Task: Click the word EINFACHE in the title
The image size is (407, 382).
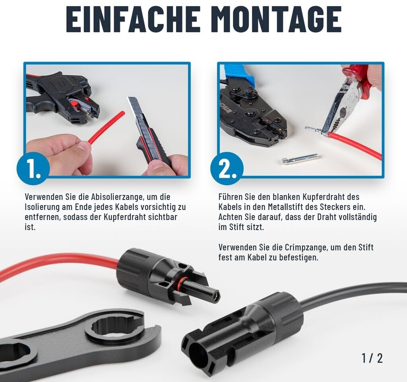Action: click(x=133, y=19)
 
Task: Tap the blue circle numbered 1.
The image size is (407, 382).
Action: click(x=33, y=168)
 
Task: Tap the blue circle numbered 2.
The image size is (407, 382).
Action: click(x=227, y=168)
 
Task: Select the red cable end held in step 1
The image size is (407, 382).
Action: click(x=107, y=127)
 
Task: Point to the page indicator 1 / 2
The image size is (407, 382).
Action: click(x=372, y=358)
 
